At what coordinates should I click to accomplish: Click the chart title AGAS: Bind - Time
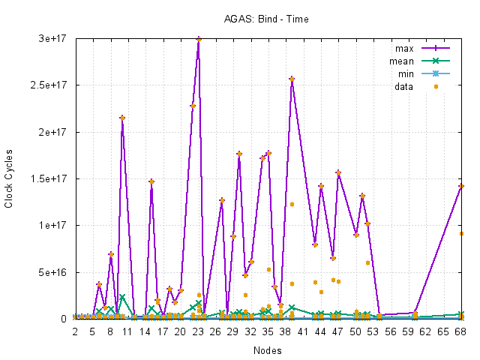tap(266, 18)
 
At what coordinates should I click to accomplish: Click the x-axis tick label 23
tap(198, 331)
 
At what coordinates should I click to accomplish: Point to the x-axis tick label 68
tap(461, 331)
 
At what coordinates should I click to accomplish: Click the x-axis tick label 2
tap(75, 331)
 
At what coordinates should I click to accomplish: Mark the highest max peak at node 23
tap(199, 39)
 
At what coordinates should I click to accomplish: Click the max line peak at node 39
tap(292, 79)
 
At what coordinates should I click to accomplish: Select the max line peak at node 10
tap(122, 118)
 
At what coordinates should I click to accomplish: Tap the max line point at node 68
tap(461, 186)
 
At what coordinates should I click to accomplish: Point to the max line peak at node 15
tap(151, 181)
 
